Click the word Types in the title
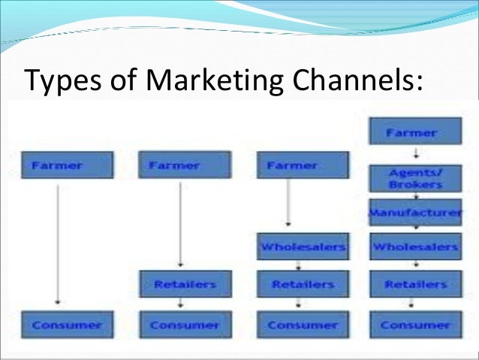point(56,78)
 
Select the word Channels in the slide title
point(352,78)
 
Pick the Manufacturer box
point(414,213)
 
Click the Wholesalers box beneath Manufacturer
point(414,247)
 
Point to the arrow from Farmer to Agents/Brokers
point(414,155)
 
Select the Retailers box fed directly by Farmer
point(185,284)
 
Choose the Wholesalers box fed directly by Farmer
point(302,247)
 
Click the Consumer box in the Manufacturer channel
point(414,325)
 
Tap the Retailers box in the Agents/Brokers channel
point(414,284)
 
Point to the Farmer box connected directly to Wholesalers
point(302,165)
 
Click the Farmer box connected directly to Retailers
point(185,165)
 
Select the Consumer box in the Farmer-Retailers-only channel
point(185,325)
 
